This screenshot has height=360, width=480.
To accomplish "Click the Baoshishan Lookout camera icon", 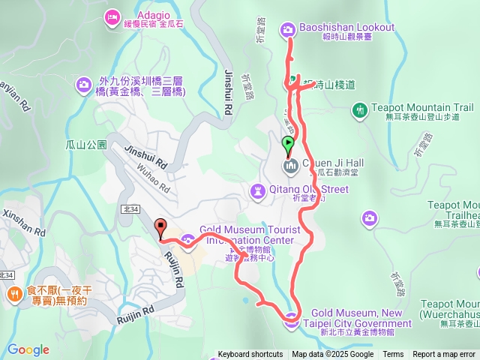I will click(287, 29).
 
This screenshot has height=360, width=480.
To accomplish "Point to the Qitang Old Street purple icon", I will click(258, 190).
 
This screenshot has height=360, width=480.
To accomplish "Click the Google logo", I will click(28, 349).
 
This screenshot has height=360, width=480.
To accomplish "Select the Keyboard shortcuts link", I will click(250, 355).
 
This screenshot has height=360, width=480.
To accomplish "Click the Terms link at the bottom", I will click(393, 355).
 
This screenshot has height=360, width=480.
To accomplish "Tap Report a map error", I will click(445, 355).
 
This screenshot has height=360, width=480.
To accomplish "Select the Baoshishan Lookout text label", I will click(346, 28).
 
